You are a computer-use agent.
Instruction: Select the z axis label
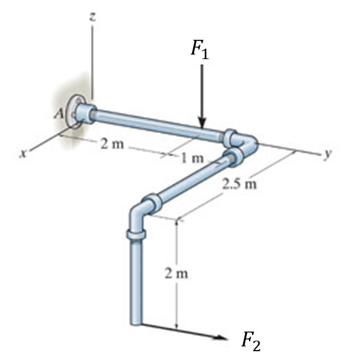point(92,17)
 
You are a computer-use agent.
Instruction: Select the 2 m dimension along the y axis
point(110,145)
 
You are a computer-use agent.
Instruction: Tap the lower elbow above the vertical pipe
point(138,211)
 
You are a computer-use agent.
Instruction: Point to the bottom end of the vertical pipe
point(135,321)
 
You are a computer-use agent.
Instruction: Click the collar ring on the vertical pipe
point(135,235)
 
